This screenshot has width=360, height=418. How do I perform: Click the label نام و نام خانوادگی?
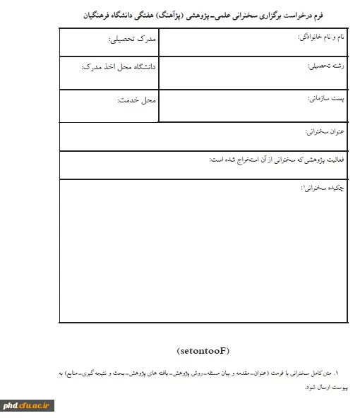pyautogui.click(x=320, y=35)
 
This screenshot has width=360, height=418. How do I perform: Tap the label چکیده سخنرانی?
pyautogui.click(x=323, y=189)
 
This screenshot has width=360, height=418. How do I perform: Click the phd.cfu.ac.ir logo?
pyautogui.click(x=28, y=405)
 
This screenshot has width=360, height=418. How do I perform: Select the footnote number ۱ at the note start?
pyautogui.click(x=337, y=372)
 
